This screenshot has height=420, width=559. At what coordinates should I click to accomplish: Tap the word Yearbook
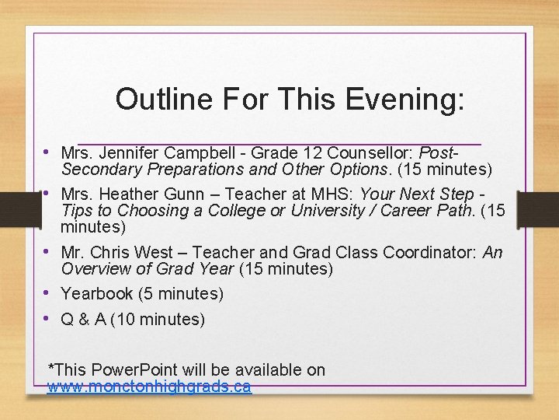97,294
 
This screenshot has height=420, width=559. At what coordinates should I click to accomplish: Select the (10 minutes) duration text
158,319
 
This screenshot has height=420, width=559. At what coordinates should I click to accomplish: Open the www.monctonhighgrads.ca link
149,387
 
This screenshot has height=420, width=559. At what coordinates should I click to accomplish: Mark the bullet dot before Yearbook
47,293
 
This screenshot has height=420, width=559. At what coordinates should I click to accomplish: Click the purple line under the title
279,144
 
